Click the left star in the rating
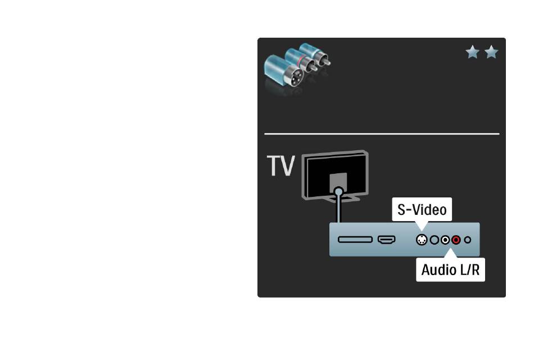pyautogui.click(x=472, y=52)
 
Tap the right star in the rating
pyautogui.click(x=491, y=52)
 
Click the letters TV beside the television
pyautogui.click(x=280, y=166)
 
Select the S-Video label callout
pyautogui.click(x=422, y=209)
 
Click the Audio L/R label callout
pyautogui.click(x=450, y=269)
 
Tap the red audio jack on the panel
pyautogui.click(x=456, y=240)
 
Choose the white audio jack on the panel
pyautogui.click(x=445, y=240)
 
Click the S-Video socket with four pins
pyautogui.click(x=422, y=240)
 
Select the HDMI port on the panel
pyautogui.click(x=387, y=240)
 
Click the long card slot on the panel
pyautogui.click(x=355, y=240)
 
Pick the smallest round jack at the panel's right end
pyautogui.click(x=468, y=240)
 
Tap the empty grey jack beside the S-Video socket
pyautogui.click(x=434, y=240)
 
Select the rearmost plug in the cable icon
pyautogui.click(x=315, y=54)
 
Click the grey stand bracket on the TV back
pyautogui.click(x=338, y=182)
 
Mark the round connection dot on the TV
pyautogui.click(x=338, y=192)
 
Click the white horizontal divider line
pyautogui.click(x=382, y=134)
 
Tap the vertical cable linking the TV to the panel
pyautogui.click(x=338, y=209)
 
